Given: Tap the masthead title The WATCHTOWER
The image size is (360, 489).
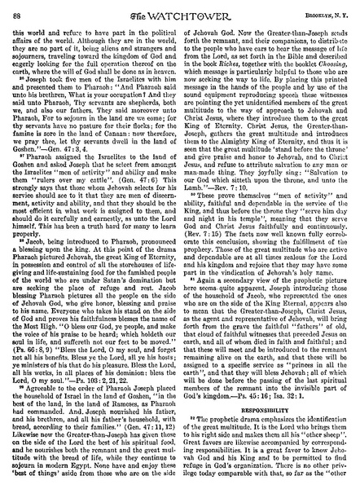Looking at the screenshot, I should tap(180, 10).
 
